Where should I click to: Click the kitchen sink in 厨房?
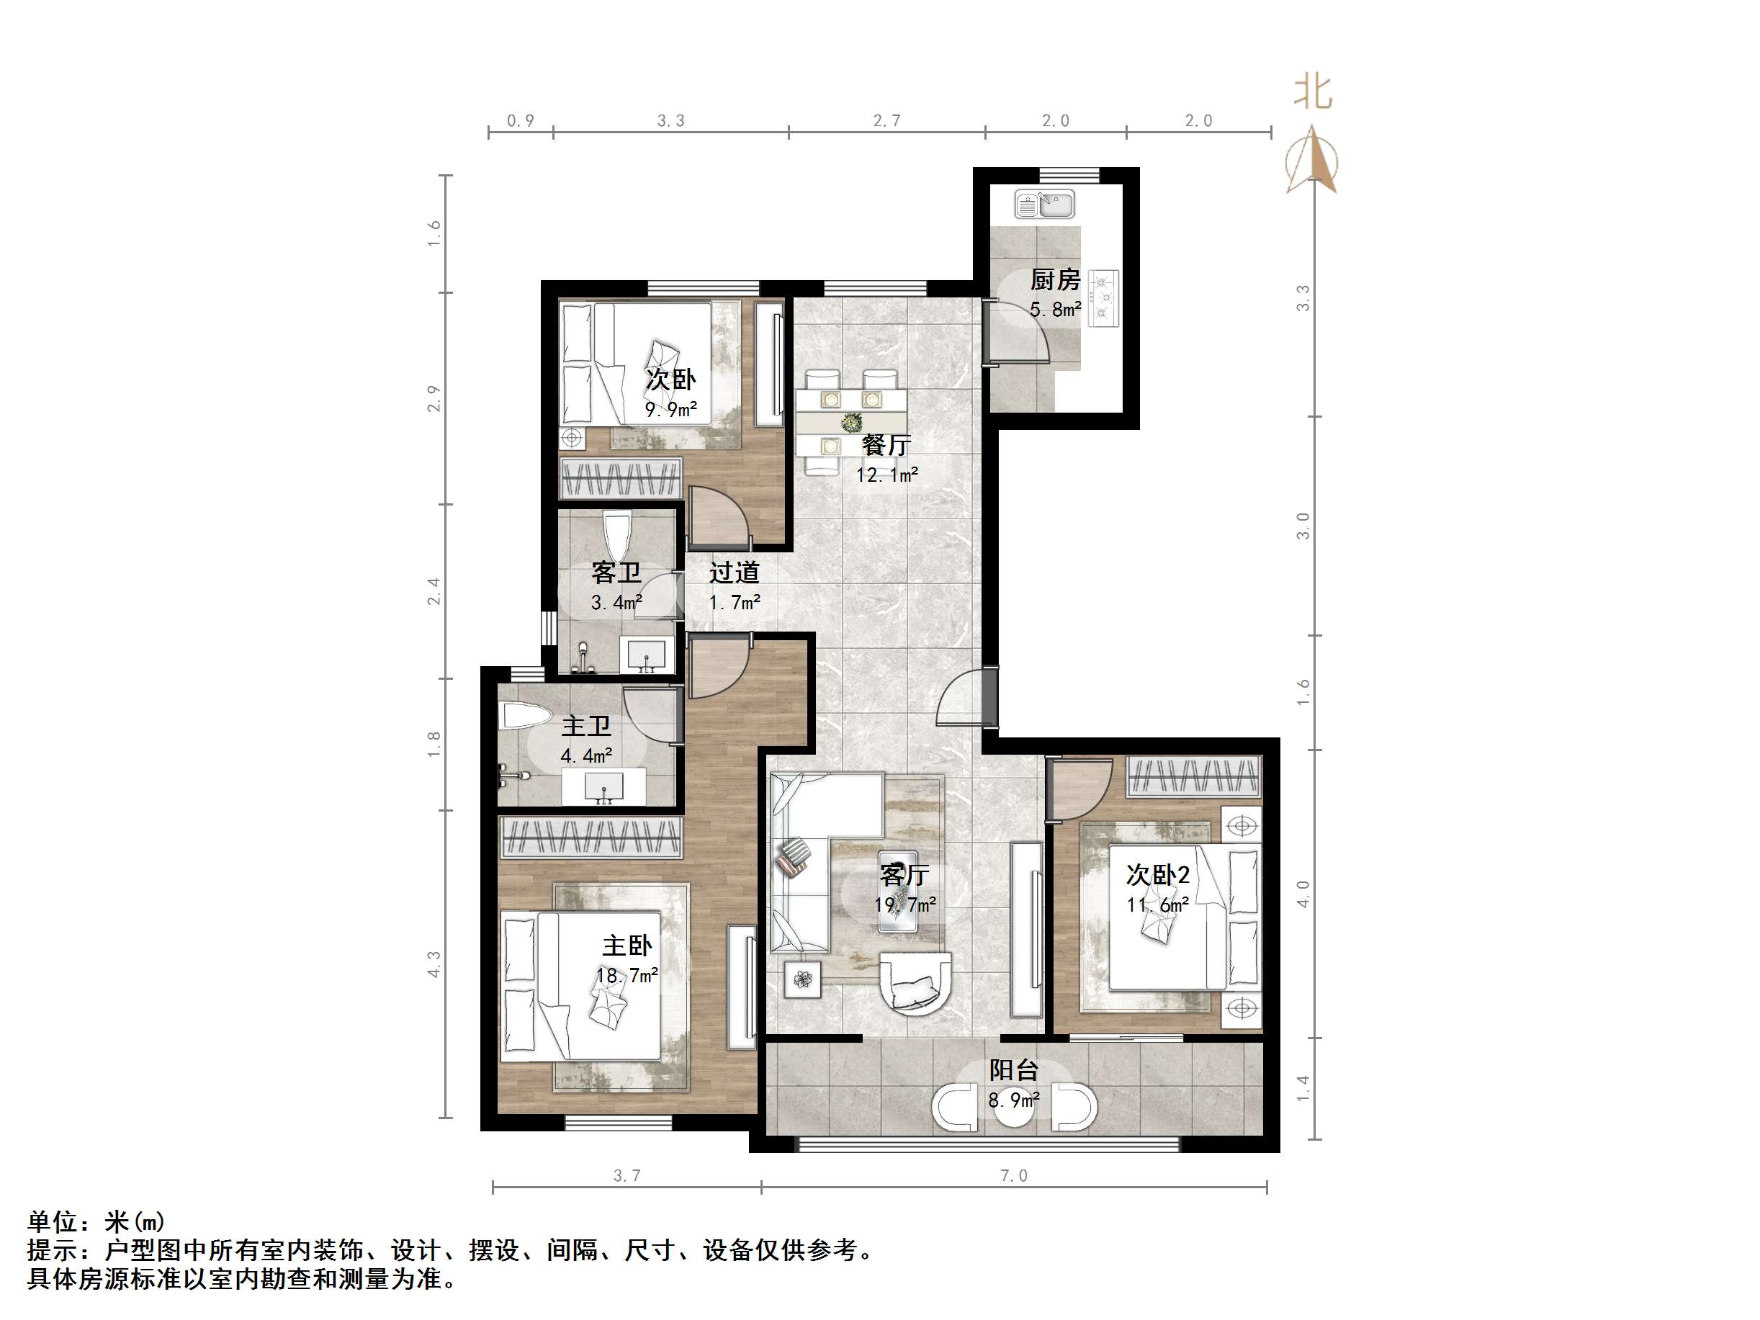tap(1044, 205)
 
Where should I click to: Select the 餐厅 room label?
tap(886, 445)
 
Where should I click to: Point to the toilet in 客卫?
tap(616, 536)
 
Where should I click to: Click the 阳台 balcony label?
tap(1014, 1070)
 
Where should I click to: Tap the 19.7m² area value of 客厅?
tap(904, 904)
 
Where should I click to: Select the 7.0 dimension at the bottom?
tap(1014, 1176)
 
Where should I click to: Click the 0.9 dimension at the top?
tap(521, 120)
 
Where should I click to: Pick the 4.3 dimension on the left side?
tap(434, 964)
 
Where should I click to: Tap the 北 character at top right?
tap(1312, 91)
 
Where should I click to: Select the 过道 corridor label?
tap(734, 573)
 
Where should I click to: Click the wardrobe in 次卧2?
tap(1193, 776)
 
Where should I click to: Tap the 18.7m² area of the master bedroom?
tap(627, 976)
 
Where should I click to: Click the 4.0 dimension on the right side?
tap(1303, 892)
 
